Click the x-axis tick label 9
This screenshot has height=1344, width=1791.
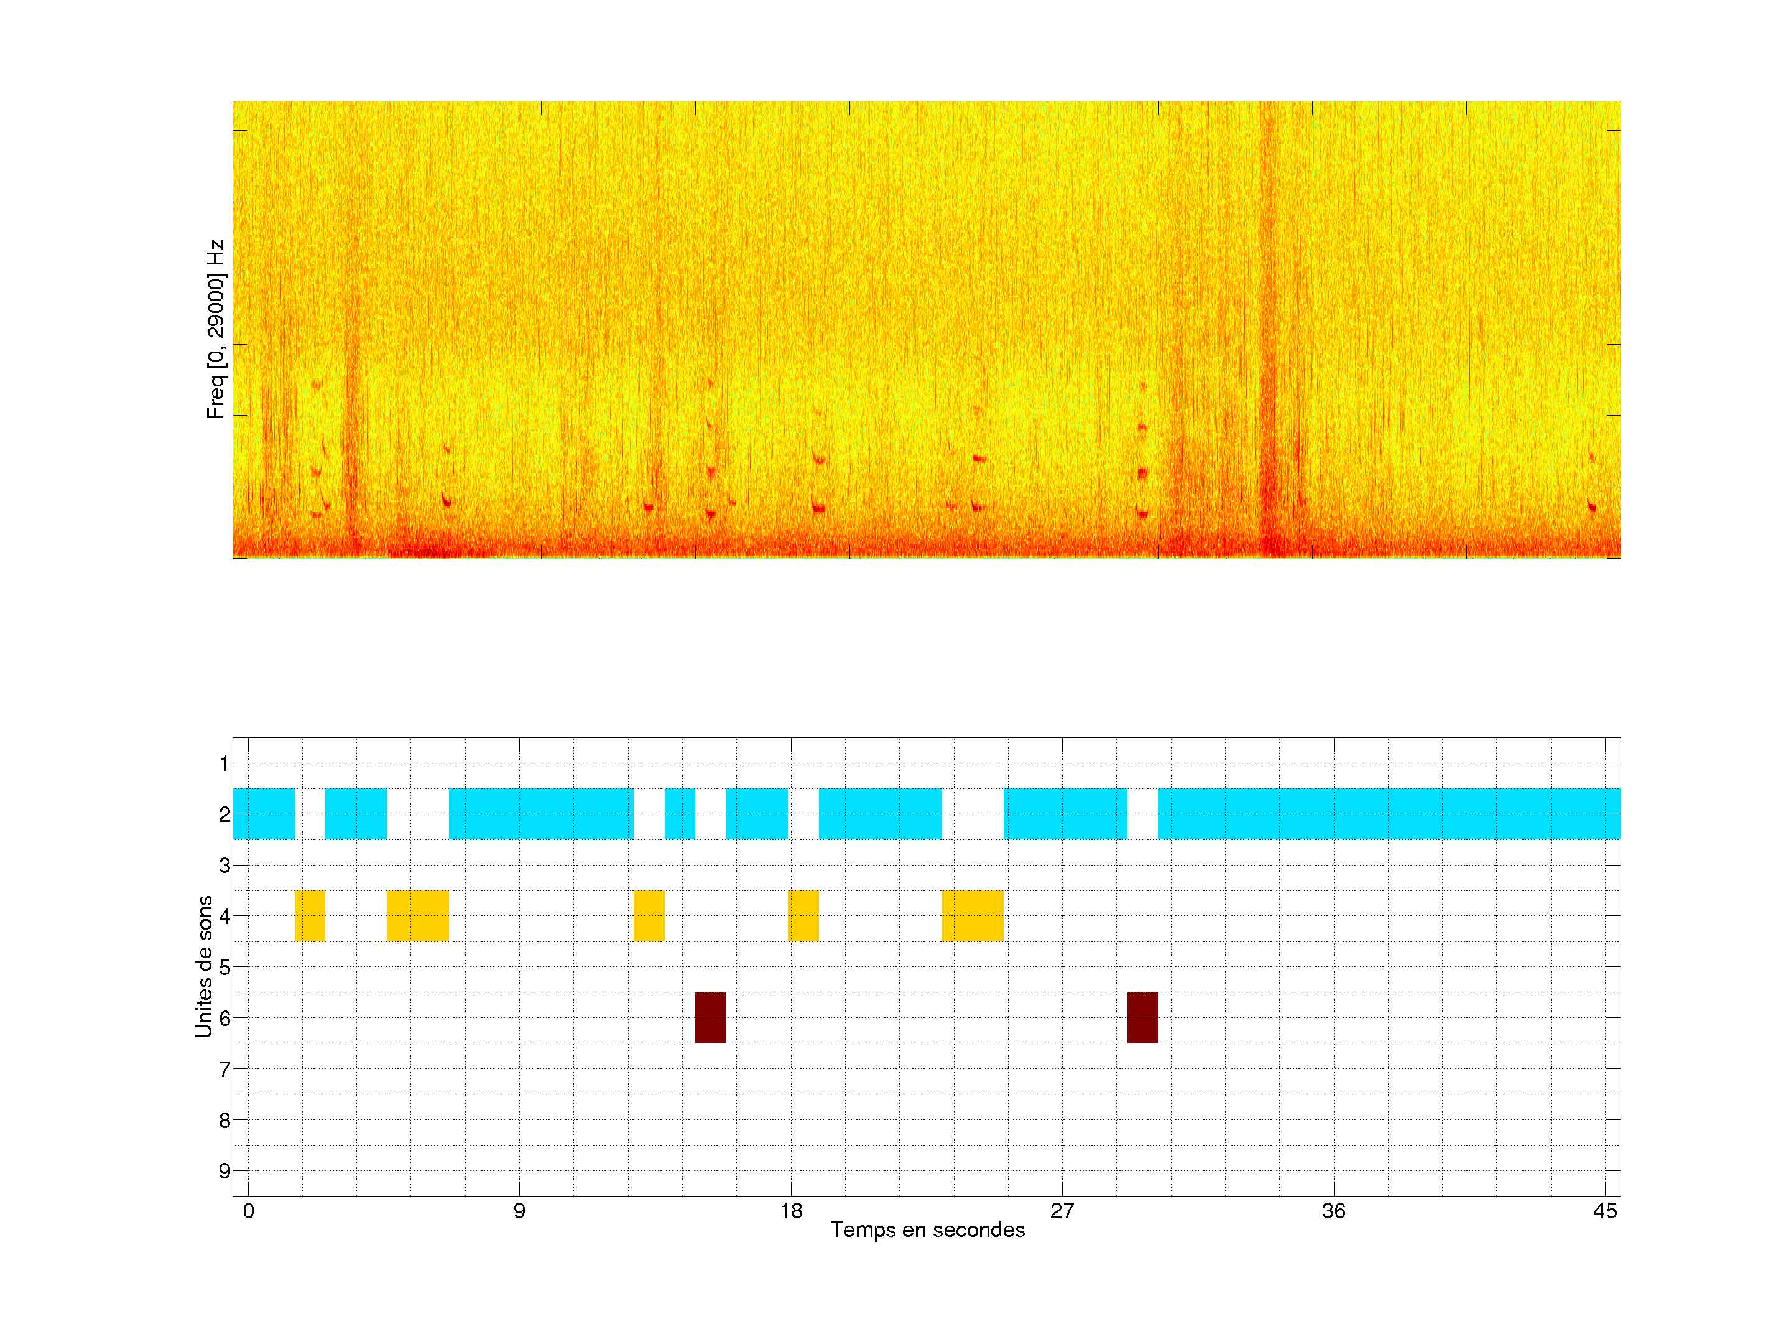point(519,1210)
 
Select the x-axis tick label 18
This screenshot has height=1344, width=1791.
point(791,1210)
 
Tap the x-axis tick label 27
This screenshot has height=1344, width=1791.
point(1062,1210)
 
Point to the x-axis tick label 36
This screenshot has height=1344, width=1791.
point(1333,1210)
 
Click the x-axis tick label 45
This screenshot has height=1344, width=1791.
point(1605,1210)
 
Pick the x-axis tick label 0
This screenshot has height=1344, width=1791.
point(249,1210)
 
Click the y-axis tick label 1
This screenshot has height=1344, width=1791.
point(224,763)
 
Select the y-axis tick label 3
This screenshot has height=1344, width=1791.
point(224,866)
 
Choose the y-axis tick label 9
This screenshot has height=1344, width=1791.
point(224,1170)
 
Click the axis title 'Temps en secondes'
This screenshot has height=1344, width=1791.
point(927,1230)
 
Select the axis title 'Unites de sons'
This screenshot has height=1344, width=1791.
point(204,966)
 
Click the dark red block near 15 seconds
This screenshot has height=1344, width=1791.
point(710,1017)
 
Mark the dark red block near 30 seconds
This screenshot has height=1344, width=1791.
point(1142,1017)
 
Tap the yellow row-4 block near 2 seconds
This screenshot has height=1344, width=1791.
point(309,915)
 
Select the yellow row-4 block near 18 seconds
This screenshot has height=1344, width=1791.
point(803,915)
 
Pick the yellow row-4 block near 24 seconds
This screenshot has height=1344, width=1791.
point(973,915)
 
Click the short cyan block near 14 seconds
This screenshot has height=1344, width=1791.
point(679,813)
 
